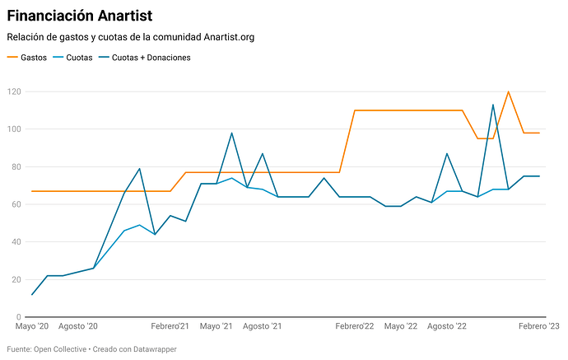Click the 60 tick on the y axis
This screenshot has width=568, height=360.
[x=14, y=204]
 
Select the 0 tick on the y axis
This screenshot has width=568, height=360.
[x=16, y=317]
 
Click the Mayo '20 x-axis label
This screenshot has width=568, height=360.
[x=33, y=327]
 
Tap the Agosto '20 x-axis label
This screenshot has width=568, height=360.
[x=78, y=327]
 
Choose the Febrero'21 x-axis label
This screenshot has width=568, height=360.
[x=170, y=327]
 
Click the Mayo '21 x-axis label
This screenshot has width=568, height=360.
[x=216, y=327]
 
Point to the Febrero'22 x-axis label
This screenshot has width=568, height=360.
[x=355, y=327]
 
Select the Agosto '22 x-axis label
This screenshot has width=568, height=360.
[x=447, y=327]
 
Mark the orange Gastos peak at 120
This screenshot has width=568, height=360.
[x=509, y=91]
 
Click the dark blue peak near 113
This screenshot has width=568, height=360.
[x=493, y=105]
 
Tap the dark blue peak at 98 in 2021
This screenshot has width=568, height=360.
[x=231, y=133]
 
